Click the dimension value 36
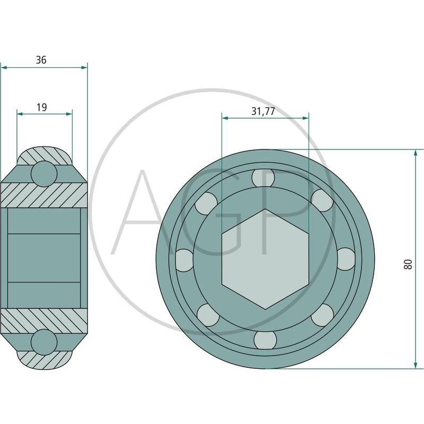tap(41, 60)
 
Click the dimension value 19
tap(42, 108)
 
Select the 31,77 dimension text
tap(263, 111)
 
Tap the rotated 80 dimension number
tap(408, 264)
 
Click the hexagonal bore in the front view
tap(266, 259)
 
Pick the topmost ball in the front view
tap(263, 178)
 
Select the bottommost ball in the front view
tap(266, 340)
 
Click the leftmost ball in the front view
tap(184, 260)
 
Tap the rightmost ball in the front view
tap(346, 259)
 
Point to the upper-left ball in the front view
tap(206, 203)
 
